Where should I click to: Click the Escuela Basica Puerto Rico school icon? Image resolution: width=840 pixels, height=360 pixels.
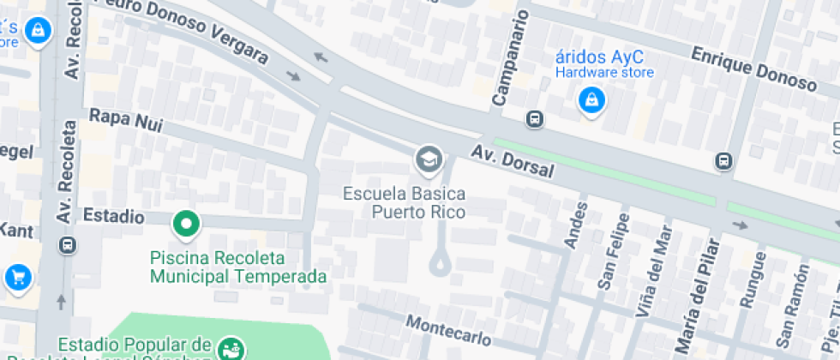[427, 158]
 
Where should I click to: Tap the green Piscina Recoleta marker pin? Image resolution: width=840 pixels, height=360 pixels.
[185, 225]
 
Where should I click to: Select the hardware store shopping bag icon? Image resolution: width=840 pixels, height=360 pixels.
[591, 102]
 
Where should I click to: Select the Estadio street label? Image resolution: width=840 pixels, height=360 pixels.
[113, 216]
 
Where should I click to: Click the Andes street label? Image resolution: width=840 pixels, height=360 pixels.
[576, 225]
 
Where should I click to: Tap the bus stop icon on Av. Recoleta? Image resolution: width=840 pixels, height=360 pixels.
[68, 245]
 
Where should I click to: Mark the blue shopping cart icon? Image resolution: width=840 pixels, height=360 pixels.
[17, 277]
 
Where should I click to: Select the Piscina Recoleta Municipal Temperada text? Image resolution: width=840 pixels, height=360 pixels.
[238, 267]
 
